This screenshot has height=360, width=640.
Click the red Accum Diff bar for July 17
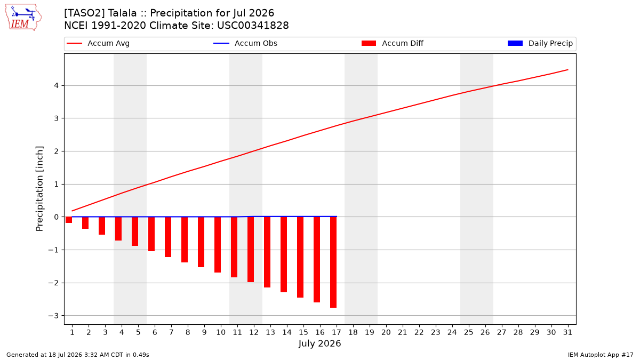(x=333, y=262)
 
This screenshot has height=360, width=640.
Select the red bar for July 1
(x=69, y=220)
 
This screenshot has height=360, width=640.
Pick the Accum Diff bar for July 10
(x=218, y=245)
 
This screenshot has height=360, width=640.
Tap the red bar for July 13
(x=267, y=252)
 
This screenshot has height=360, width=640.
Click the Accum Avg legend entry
(x=98, y=43)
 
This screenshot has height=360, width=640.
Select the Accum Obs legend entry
(x=245, y=43)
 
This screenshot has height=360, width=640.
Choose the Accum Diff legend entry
(x=393, y=43)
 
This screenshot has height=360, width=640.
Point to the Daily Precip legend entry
(x=540, y=43)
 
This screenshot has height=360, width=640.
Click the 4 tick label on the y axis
(x=57, y=85)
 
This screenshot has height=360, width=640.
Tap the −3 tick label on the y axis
(x=53, y=316)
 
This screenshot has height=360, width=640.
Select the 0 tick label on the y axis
(x=57, y=217)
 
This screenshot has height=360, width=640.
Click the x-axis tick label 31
(x=567, y=332)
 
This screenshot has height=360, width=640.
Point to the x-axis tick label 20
(x=386, y=332)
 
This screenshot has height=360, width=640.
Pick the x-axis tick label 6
(x=155, y=332)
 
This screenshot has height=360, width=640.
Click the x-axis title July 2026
(x=319, y=343)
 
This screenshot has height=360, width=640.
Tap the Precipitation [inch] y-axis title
(x=39, y=189)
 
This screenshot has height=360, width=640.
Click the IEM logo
(x=23, y=18)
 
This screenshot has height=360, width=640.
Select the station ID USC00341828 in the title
(x=253, y=26)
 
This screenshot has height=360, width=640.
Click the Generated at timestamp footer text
(x=78, y=355)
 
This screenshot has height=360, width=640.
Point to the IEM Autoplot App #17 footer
(x=601, y=355)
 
